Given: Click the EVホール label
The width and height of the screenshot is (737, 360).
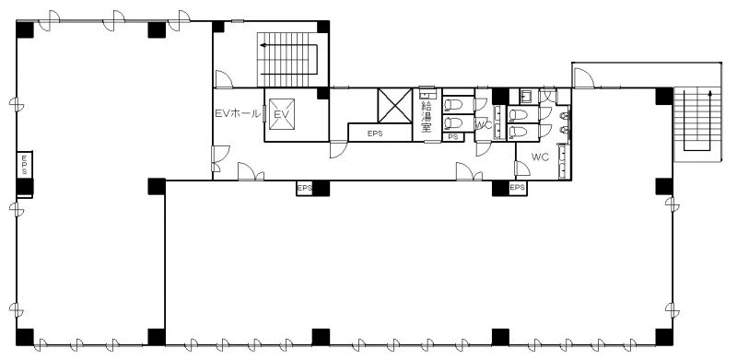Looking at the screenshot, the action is coord(237,113).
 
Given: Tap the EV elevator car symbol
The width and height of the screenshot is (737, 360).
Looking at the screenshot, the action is coord(282,114).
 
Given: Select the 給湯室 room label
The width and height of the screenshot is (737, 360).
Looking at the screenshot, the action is coord(427,117).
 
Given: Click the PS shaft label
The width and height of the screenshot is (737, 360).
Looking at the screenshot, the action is coord(453,137).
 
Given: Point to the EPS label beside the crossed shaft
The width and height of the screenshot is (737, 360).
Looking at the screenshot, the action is coord(375,134).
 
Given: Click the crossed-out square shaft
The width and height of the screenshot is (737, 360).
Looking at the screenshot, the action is coord(395,106).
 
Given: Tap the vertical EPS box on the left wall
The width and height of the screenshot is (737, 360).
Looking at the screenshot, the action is coord(25,165).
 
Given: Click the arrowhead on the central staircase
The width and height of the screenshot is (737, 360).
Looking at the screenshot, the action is coord(263,45).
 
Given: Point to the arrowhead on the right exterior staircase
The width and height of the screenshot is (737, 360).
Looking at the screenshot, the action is coord(709,94).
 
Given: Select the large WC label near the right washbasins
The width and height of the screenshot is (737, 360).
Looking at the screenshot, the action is coord(540,157).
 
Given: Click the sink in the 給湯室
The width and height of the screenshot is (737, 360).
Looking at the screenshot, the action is coord(427,94).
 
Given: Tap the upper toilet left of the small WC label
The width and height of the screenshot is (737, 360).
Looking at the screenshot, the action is coord(453,104).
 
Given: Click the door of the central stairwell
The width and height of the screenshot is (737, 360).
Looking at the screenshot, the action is coord(224,79).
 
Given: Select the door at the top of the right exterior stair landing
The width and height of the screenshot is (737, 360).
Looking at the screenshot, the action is coord(584,78).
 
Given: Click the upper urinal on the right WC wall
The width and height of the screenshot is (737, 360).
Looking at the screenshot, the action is coord(565,116).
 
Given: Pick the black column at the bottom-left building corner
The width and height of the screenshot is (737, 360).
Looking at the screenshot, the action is coord(25,337).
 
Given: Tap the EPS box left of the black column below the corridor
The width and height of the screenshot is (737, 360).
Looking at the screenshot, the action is coord(304,188).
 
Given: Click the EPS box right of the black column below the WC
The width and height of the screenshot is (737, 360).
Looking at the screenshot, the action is coord(517,188).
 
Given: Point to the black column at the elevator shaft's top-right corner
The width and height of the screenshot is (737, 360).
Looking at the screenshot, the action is coord(323,93).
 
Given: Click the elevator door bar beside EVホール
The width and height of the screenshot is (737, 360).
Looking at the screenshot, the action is coord(264,114).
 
